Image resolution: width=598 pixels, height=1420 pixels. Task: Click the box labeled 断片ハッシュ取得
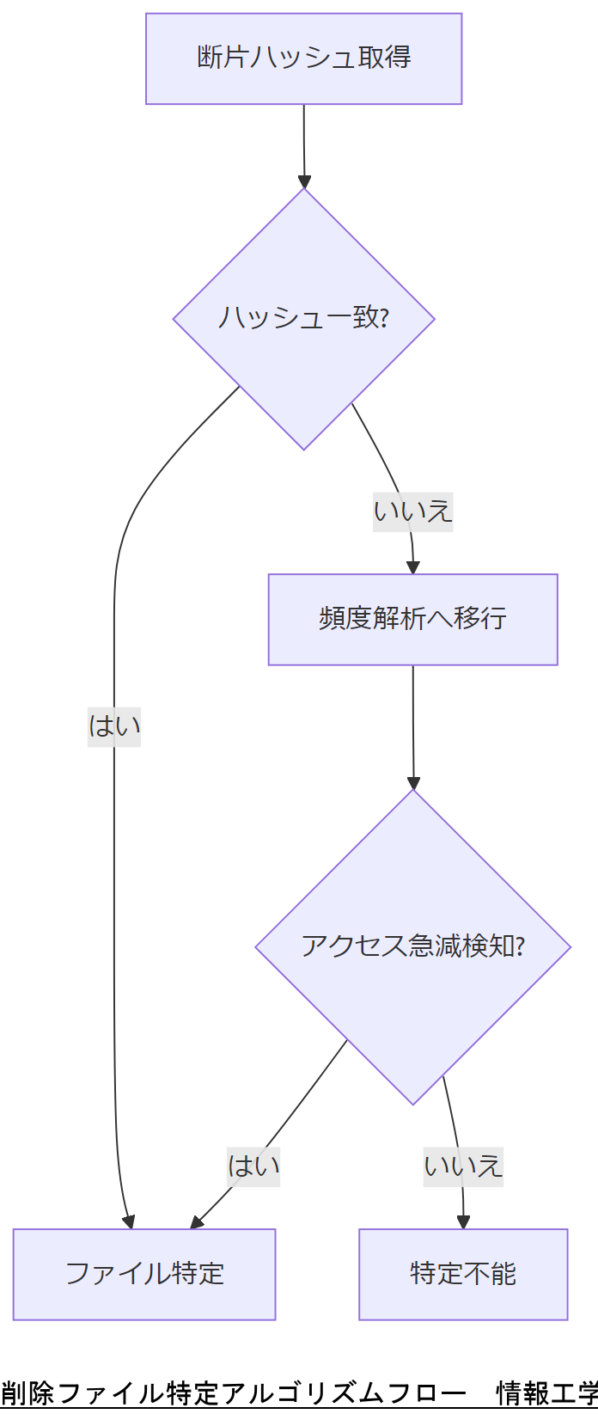303,58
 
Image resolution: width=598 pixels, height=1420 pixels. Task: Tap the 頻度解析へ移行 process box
412,619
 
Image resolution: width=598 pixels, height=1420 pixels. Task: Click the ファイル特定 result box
144,1273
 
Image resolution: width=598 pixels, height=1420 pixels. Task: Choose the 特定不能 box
463,1273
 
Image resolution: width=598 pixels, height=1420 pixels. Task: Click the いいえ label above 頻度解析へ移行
412,511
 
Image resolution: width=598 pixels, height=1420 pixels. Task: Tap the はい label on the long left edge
114,726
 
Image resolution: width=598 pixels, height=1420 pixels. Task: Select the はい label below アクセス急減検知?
253,1166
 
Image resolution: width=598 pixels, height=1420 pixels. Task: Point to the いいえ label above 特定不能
463,1166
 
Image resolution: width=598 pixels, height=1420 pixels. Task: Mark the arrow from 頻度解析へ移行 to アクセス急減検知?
413,726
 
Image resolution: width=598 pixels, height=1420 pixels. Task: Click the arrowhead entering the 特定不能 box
464,1221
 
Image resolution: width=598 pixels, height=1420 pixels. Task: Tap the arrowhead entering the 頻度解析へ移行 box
413,567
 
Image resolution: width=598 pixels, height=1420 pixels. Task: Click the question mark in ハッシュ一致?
384,318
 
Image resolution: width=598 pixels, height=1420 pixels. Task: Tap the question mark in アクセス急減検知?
519,946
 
